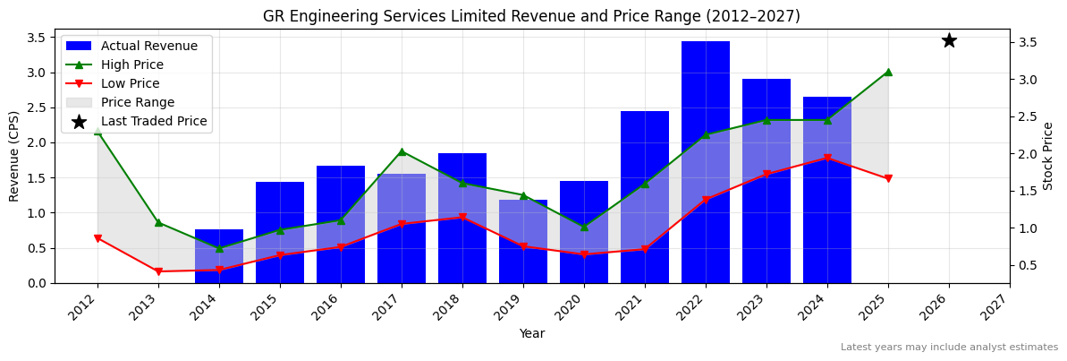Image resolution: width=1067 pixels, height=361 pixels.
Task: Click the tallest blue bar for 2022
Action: (x=706, y=162)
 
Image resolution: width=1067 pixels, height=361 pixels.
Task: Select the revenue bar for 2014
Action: (x=219, y=256)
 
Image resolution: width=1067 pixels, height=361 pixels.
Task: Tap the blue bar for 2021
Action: (x=645, y=197)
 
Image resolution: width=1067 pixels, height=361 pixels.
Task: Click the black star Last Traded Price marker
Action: (x=949, y=40)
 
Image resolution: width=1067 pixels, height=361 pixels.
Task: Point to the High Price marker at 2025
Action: (x=888, y=72)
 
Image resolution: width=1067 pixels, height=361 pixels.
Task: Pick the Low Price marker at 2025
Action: (x=888, y=179)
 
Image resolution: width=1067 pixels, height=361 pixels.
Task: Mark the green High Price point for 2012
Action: (x=97, y=132)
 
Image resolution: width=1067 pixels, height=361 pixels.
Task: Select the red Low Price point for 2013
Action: (x=158, y=271)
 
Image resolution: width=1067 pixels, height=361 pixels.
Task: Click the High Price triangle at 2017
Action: (x=402, y=151)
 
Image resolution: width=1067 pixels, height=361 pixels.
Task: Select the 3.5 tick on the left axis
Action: (x=38, y=38)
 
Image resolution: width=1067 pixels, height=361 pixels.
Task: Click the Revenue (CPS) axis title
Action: (x=14, y=156)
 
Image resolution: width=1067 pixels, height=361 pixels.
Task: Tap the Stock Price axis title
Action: (x=1048, y=156)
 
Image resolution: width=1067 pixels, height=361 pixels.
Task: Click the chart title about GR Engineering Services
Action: (x=531, y=16)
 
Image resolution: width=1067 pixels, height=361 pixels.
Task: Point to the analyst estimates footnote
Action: (x=949, y=348)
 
